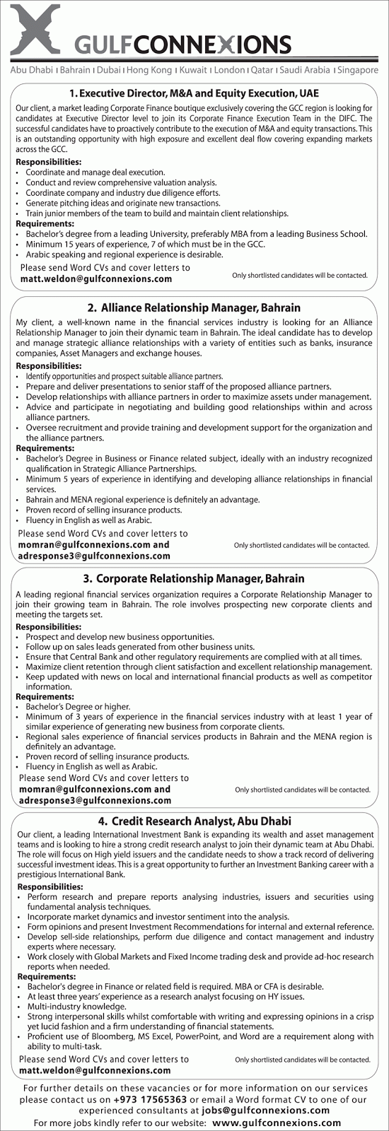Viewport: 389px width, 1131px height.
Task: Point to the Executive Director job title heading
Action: (x=194, y=92)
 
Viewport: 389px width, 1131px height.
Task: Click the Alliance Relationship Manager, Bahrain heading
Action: (x=194, y=307)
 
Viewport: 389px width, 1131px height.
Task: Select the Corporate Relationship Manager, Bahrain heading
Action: (x=194, y=578)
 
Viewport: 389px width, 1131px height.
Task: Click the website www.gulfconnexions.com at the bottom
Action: (x=277, y=1123)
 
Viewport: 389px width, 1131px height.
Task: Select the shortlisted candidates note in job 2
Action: (x=301, y=545)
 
